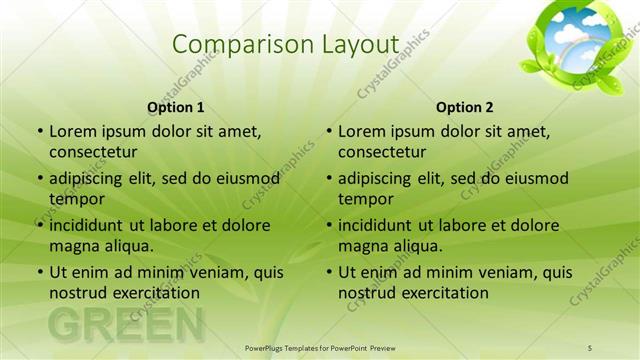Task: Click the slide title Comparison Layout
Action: pos(285,44)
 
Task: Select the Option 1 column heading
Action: pos(176,107)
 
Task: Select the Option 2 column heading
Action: pos(465,107)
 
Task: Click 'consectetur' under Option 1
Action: pos(93,152)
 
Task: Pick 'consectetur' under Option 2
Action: pos(382,152)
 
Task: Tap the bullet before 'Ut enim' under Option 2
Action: pos(329,272)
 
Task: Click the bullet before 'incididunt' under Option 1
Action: pos(40,225)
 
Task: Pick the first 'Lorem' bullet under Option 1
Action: pos(40,132)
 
